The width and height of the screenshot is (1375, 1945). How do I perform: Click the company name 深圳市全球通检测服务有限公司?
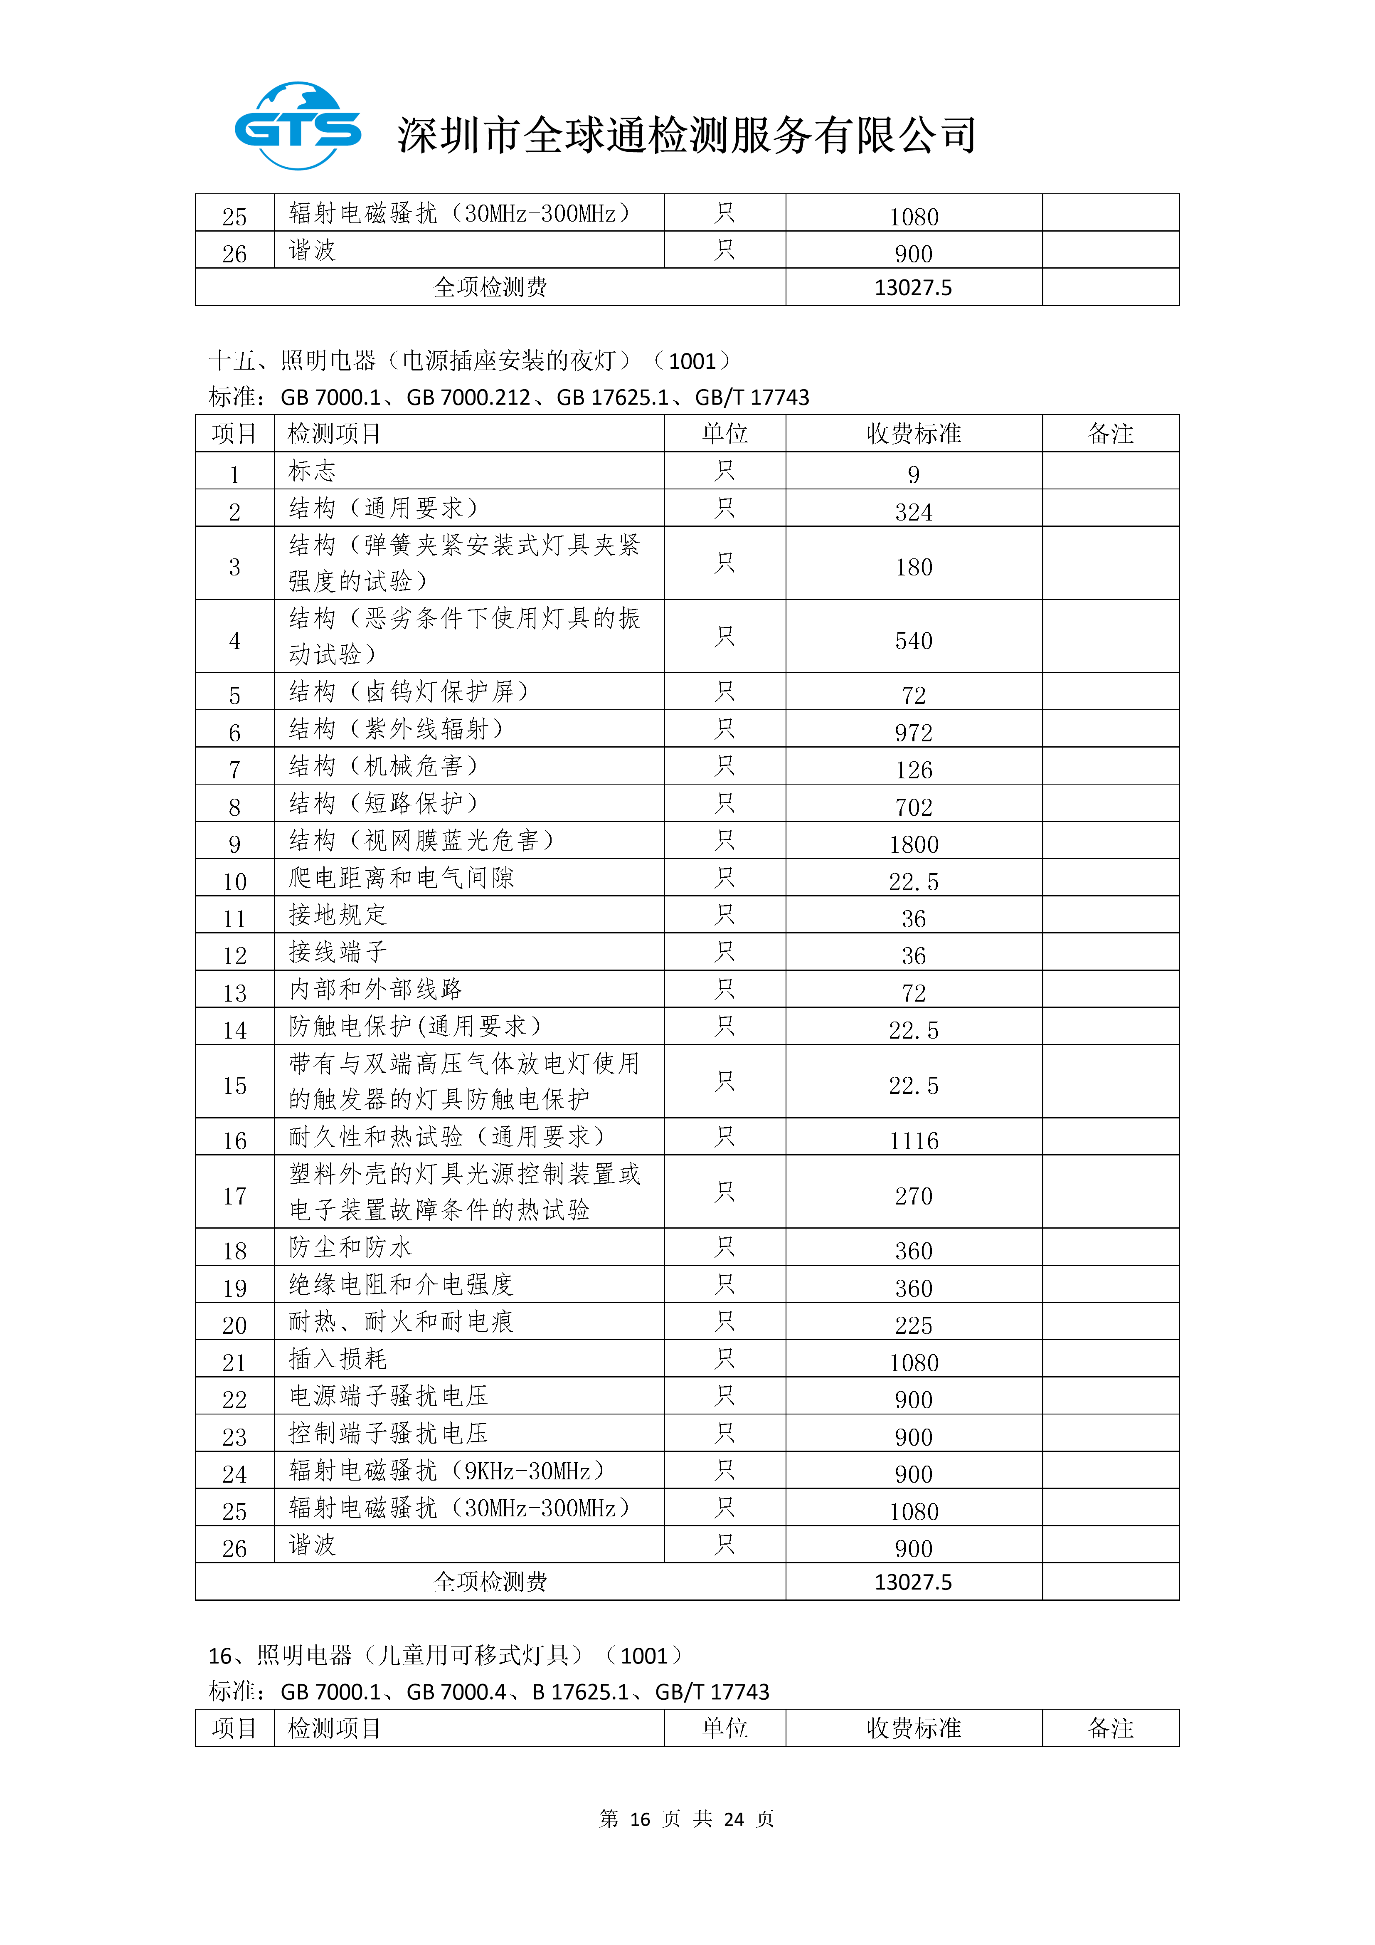pyautogui.click(x=687, y=136)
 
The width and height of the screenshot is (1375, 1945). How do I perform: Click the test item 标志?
pyautogui.click(x=313, y=471)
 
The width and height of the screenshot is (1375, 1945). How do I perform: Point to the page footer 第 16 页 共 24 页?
pyautogui.click(x=687, y=1819)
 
